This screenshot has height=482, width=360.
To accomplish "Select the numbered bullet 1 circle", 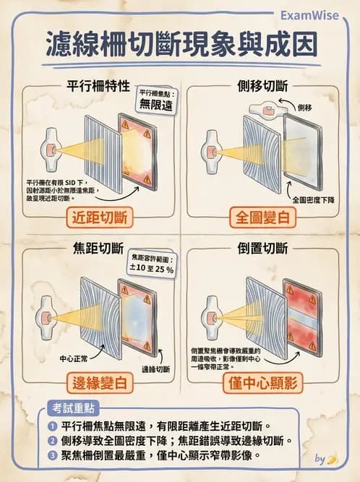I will [53, 426].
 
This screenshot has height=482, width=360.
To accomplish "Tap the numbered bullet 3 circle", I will [53, 457].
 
